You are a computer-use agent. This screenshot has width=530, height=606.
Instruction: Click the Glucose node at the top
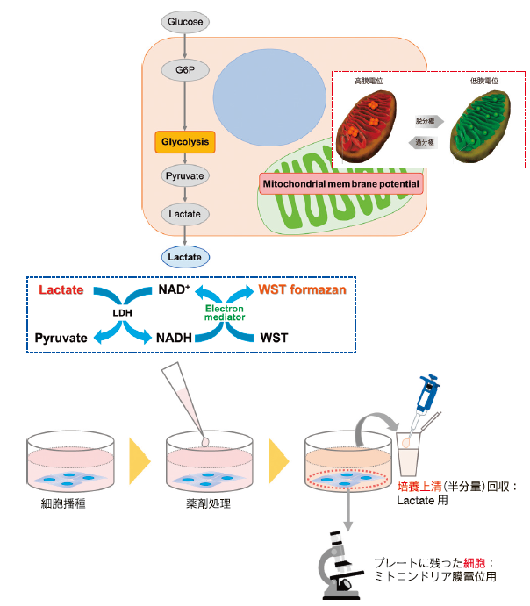coord(185,20)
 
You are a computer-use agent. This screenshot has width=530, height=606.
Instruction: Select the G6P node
coord(185,69)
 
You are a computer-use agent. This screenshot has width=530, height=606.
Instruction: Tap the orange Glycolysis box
coord(185,140)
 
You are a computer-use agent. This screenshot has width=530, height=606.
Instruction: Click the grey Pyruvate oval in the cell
coord(185,176)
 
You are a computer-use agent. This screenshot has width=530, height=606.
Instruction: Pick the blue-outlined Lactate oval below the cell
coord(185,257)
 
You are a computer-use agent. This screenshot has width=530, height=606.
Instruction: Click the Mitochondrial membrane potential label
coord(340,184)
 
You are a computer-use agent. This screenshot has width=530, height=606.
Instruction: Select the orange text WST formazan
coord(302,290)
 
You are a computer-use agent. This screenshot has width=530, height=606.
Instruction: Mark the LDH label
coord(121,313)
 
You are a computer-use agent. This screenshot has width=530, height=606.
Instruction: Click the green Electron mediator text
coord(225,313)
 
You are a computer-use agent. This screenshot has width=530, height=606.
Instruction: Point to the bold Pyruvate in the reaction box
coord(62,337)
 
